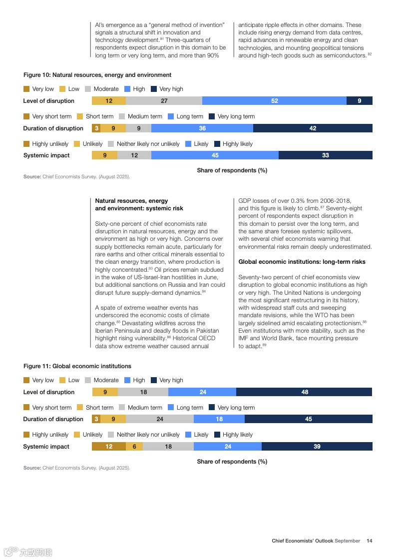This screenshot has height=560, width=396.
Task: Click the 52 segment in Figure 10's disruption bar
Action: click(x=274, y=101)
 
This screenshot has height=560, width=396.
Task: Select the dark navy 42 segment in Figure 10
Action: click(x=313, y=128)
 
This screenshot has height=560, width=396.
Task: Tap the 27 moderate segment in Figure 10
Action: click(x=164, y=101)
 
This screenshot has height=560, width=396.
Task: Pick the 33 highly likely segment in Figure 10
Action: click(x=325, y=155)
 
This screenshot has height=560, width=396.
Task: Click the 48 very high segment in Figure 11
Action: click(x=304, y=392)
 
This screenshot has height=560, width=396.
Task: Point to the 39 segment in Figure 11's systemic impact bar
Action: click(x=317, y=447)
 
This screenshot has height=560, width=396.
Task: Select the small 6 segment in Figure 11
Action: click(x=134, y=447)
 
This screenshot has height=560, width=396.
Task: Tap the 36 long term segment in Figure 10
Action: click(x=202, y=128)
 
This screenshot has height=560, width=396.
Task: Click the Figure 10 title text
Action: click(x=97, y=75)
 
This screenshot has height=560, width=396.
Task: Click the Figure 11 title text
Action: click(x=77, y=366)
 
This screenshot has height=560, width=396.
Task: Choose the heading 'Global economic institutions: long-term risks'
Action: click(x=302, y=262)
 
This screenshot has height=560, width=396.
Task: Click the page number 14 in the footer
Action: click(x=370, y=541)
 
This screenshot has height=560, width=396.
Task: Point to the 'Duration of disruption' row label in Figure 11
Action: click(x=53, y=419)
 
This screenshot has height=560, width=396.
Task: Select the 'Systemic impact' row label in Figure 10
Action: click(x=46, y=155)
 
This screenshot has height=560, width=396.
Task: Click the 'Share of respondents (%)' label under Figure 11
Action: click(x=232, y=462)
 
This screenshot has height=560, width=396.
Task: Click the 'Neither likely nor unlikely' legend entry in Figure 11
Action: click(x=148, y=435)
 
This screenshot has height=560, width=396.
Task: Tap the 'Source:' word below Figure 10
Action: click(x=32, y=177)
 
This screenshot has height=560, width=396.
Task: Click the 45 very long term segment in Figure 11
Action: click(x=308, y=419)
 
